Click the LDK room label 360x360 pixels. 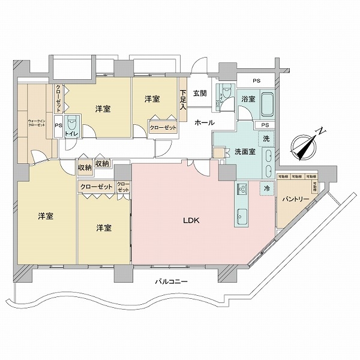[x=191, y=220]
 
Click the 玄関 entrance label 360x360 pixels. [x=200, y=93]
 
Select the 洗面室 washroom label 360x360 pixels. [x=245, y=152]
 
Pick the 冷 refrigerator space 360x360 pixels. [x=266, y=188]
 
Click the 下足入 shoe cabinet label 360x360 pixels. [x=183, y=99]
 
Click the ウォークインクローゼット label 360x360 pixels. [x=36, y=123]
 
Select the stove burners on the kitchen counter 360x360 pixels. [x=242, y=190]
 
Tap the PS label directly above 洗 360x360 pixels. [x=265, y=125]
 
